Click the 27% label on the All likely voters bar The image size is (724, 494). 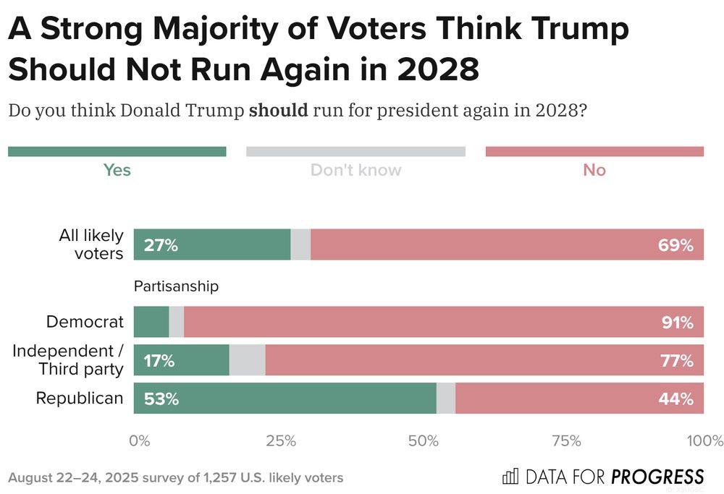click(161, 245)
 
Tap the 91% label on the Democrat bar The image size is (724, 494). click(678, 323)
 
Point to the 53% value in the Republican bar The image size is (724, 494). click(161, 399)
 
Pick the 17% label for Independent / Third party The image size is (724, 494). click(159, 360)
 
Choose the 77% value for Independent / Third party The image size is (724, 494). click(678, 360)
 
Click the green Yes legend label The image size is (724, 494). click(117, 171)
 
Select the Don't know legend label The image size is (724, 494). click(355, 171)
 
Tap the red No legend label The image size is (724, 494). click(594, 171)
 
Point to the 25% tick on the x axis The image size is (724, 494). click(281, 441)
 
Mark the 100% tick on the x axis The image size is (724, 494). click(704, 441)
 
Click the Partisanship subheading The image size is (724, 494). click(176, 286)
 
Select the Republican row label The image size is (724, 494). click(80, 399)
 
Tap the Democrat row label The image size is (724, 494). click(85, 323)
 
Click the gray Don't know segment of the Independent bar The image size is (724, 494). click(247, 360)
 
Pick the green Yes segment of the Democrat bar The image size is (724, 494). click(151, 323)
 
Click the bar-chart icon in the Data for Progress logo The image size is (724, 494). click(510, 477)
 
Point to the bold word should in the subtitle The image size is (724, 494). click(278, 111)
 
